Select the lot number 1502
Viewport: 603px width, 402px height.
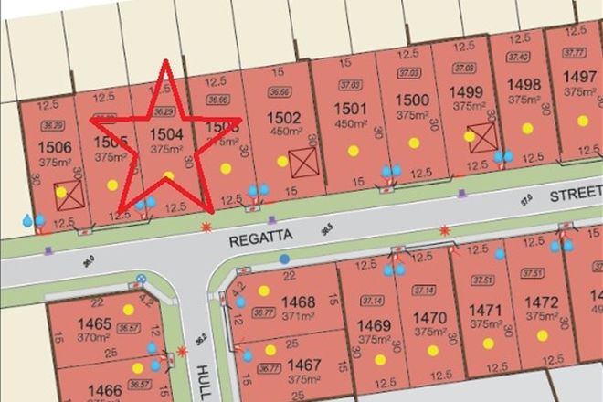point(283,117)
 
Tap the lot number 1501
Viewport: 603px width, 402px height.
point(351,109)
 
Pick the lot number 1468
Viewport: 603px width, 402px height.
point(299,301)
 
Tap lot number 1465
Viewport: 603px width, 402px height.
point(94,323)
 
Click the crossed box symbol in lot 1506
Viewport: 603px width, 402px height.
point(70,193)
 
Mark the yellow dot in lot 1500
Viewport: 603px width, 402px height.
point(414,143)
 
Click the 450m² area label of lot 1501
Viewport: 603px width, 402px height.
point(351,123)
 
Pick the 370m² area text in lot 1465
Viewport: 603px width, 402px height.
point(94,336)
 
